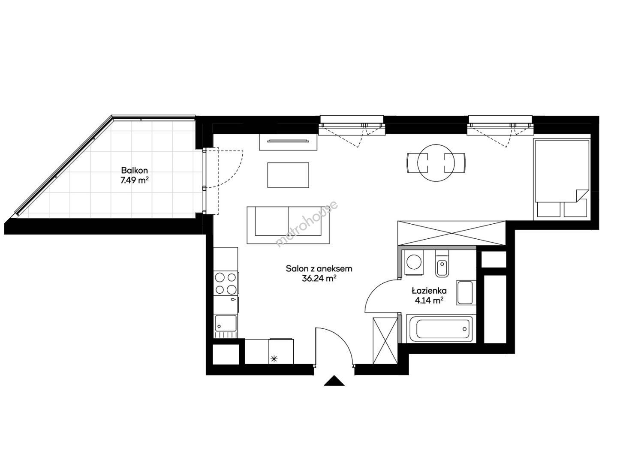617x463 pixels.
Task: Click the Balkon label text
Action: click(x=134, y=171)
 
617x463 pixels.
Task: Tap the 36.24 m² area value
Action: click(x=319, y=278)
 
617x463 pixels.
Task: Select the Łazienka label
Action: click(x=429, y=291)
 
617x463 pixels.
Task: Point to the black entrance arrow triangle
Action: click(x=334, y=381)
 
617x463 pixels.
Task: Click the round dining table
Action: click(x=436, y=163)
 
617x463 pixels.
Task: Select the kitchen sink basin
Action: click(x=226, y=323)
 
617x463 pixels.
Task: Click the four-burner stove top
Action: click(x=226, y=283)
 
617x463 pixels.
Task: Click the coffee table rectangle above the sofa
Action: click(x=288, y=175)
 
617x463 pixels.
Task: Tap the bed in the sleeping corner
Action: click(x=561, y=179)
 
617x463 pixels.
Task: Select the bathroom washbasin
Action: click(x=465, y=292)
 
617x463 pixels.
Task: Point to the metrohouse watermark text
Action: click(x=307, y=224)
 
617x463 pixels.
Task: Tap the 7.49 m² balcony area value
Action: click(x=134, y=180)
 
